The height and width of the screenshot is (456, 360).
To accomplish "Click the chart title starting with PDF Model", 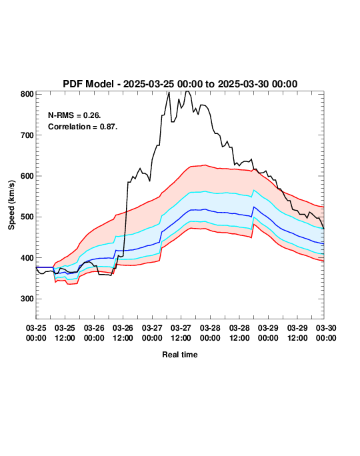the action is (x=180, y=84).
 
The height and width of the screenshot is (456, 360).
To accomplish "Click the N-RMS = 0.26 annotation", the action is (x=75, y=115).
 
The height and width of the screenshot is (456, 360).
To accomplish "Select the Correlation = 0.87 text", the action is (x=83, y=127).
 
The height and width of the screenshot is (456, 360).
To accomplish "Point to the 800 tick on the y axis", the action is (x=27, y=94).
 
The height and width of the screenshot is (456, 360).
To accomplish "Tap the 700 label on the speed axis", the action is (x=27, y=135).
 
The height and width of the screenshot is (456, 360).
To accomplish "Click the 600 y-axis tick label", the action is (x=27, y=176).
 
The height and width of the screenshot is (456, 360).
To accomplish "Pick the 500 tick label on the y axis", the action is (x=27, y=217).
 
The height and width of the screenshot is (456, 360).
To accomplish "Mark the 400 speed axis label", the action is (x=27, y=258).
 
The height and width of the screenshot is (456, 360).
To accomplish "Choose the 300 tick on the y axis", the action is (x=27, y=299).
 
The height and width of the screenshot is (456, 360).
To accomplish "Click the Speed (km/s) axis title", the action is (x=11, y=205).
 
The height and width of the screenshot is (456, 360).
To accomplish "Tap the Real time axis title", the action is (x=180, y=355).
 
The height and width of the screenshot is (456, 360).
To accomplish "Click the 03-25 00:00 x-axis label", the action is (x=36, y=333).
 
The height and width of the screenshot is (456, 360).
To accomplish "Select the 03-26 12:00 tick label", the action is (x=123, y=333).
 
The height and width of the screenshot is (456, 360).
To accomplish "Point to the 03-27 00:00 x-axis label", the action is (x=152, y=333).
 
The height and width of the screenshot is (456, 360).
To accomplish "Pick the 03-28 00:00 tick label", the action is (x=210, y=333).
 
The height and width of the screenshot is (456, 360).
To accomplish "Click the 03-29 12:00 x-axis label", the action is (x=297, y=333).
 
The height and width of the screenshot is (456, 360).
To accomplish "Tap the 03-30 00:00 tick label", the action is (x=326, y=333).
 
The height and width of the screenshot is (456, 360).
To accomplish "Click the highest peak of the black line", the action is (x=187, y=91).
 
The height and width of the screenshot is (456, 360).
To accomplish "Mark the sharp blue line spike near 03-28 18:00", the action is (x=254, y=207).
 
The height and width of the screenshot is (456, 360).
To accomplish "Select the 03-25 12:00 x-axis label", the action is (x=65, y=333).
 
